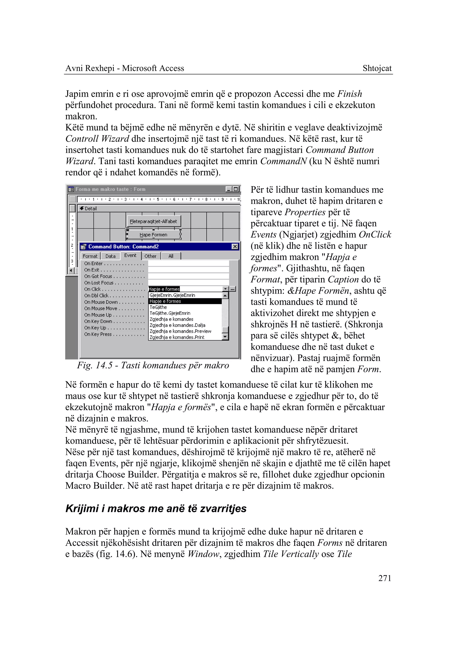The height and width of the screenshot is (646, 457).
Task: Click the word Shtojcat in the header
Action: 377,68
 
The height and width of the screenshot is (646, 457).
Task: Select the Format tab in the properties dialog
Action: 90,256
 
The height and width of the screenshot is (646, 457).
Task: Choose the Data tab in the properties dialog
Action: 110,256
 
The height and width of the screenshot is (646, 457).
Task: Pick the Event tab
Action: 130,255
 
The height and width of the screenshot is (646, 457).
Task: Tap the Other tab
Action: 150,256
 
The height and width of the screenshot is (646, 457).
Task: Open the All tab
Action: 170,256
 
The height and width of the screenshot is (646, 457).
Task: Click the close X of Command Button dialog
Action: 235,247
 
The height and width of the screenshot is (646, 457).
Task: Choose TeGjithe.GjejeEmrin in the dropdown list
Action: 170,313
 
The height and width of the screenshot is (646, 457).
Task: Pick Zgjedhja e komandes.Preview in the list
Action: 180,331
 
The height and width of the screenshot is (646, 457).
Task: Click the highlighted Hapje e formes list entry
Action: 166,301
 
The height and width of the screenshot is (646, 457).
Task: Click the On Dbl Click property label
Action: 96,296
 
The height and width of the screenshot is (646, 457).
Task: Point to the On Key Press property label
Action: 98,334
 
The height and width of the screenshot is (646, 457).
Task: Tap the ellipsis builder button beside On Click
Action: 233,289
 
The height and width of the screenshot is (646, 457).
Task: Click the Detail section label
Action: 91,208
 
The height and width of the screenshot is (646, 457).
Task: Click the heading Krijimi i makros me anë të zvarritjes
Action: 156,509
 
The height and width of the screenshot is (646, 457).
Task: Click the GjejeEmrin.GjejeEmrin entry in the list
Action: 172,295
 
